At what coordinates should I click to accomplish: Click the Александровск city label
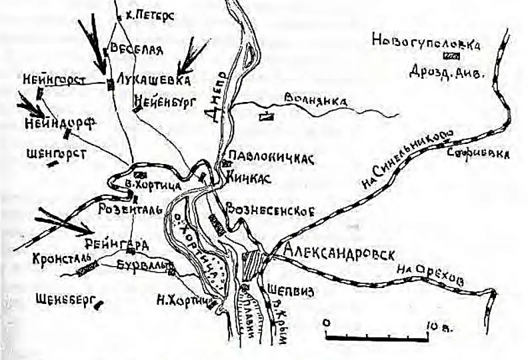pos(339,253)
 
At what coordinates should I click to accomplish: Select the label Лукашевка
pos(153,79)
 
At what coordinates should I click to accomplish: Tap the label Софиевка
pos(479,155)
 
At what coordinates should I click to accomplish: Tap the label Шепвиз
pos(289,291)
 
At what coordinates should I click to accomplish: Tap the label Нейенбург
pos(162,101)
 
